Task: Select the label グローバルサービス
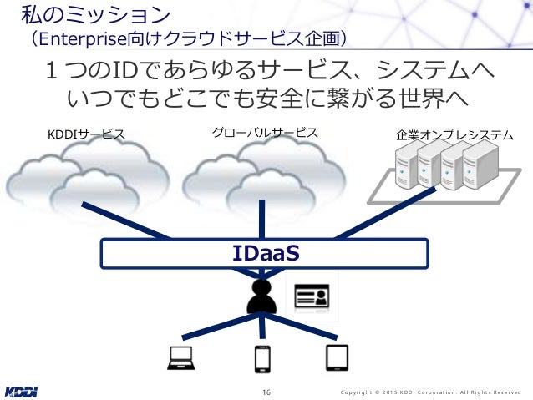[265, 132]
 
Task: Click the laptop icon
[181, 357]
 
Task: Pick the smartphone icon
[262, 358]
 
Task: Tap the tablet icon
[336, 357]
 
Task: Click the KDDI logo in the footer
[21, 391]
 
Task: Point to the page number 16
[266, 392]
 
